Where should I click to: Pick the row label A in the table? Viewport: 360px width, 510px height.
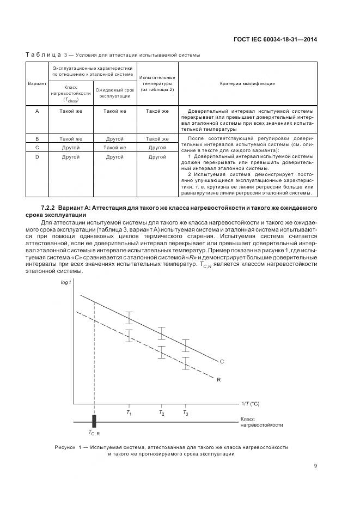(x=37, y=111)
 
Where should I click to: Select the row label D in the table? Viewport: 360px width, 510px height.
(x=37, y=157)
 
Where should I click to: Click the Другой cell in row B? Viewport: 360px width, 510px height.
(x=114, y=139)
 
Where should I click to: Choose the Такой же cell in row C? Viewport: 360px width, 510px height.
(x=114, y=148)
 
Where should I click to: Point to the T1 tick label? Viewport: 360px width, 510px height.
(x=129, y=414)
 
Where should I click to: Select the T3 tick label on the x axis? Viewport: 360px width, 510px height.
(x=186, y=414)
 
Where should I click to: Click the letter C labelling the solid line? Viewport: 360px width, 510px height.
(x=222, y=361)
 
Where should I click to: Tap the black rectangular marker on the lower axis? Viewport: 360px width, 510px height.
(x=94, y=421)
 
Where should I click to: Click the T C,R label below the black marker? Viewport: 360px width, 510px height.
(x=94, y=433)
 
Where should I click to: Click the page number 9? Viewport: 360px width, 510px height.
(x=315, y=465)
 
